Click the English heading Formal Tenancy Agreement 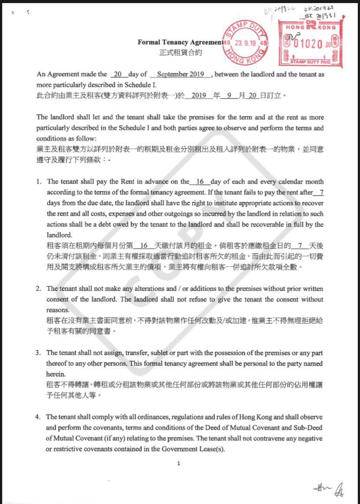[180, 43]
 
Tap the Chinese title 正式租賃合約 [180, 53]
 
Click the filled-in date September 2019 [180, 74]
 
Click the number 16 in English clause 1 [200, 182]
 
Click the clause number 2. [38, 289]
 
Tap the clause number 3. [38, 353]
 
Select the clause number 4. [38, 417]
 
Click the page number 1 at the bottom [179, 464]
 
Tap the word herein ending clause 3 [55, 374]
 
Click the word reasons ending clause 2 [57, 310]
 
